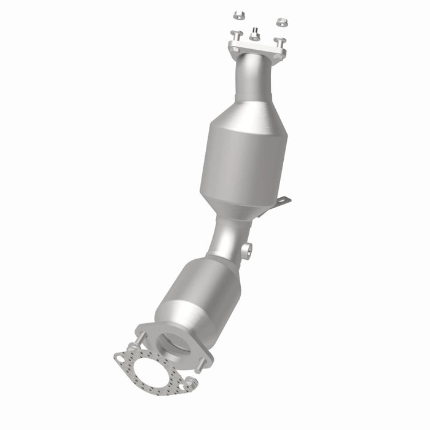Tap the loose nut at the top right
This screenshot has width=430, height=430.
point(282,21)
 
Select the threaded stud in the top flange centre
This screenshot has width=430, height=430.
point(254,33)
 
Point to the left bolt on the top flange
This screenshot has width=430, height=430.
point(236,36)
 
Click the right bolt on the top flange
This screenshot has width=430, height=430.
point(280,42)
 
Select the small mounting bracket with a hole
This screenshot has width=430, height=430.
point(282,202)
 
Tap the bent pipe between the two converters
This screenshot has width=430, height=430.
point(227,237)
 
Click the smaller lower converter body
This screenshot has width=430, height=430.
point(197,289)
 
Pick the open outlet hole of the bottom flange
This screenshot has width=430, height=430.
point(175,341)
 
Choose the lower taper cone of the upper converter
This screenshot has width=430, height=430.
point(240,206)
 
